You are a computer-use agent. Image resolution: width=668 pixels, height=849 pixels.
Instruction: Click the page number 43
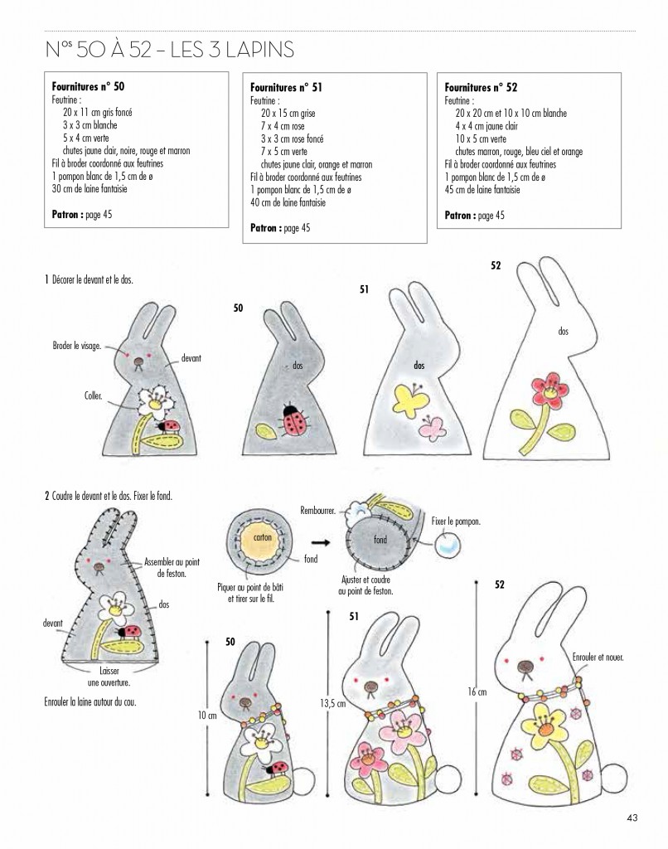[632, 818]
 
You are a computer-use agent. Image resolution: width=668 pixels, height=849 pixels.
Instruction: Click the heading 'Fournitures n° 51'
[286, 87]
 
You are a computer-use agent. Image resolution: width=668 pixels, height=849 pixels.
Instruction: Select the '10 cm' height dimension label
[207, 716]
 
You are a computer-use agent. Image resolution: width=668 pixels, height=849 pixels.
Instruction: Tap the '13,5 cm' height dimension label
[332, 703]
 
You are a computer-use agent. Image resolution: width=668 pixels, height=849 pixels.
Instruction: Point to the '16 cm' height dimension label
[477, 691]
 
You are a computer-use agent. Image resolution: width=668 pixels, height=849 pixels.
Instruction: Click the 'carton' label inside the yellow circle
[263, 537]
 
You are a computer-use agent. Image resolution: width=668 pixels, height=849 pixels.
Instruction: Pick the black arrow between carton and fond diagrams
[321, 541]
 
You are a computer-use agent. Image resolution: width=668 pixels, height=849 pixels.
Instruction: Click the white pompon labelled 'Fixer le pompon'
[448, 544]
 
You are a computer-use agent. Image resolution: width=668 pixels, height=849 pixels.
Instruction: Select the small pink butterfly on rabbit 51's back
[433, 427]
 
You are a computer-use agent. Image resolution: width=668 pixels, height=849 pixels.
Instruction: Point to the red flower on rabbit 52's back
[549, 390]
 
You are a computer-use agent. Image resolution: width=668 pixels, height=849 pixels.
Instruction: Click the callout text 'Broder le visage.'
[77, 346]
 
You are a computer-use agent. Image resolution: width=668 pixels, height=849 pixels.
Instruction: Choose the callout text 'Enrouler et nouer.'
[598, 657]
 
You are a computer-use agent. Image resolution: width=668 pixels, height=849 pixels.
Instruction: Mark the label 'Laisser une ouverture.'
[109, 677]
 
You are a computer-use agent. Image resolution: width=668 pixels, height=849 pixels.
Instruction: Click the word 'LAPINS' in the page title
[260, 50]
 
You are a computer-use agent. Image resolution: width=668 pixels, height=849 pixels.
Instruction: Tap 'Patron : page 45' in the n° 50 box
[82, 215]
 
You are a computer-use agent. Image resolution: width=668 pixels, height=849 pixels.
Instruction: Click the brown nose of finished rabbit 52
[525, 667]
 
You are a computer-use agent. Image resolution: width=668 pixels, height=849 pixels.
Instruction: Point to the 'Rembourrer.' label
[317, 511]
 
